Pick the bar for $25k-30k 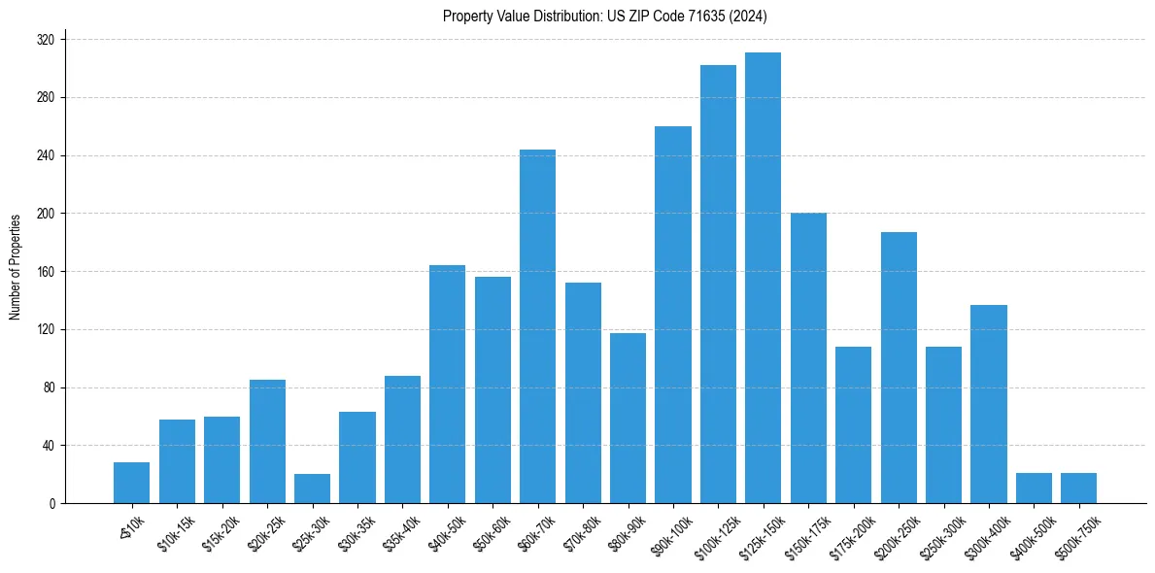pyautogui.click(x=312, y=489)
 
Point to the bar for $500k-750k pyautogui.click(x=1078, y=488)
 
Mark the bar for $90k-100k pyautogui.click(x=672, y=315)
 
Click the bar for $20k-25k pyautogui.click(x=267, y=441)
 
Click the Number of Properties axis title pyautogui.click(x=15, y=266)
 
